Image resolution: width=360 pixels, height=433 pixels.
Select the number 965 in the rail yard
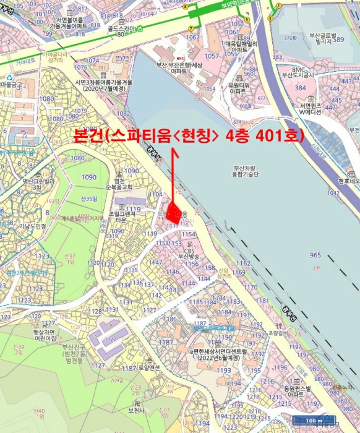315,255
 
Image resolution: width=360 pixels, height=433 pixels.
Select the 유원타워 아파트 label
238,88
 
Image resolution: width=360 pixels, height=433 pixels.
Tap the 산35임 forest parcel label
89,199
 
